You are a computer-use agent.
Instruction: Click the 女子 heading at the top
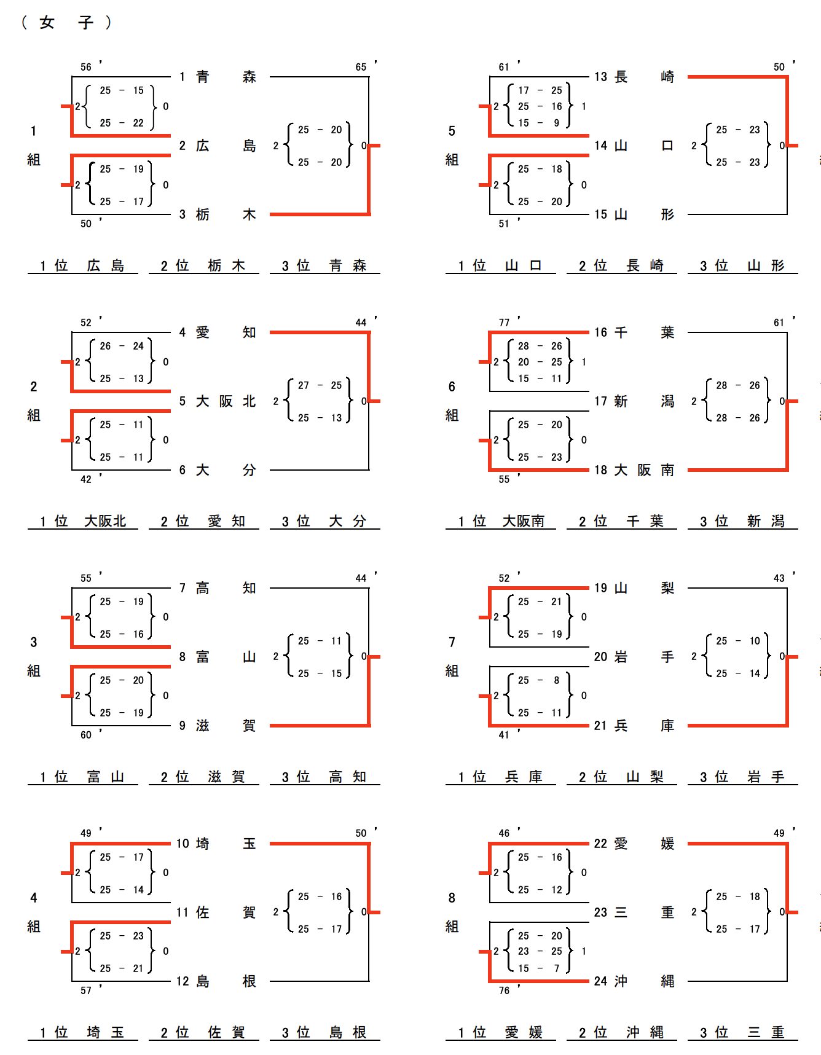pyautogui.click(x=66, y=23)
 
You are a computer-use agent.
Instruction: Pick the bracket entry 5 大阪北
pyautogui.click(x=217, y=401)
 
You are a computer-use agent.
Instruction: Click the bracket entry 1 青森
pyautogui.click(x=217, y=77)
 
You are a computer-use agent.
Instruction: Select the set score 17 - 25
pyautogui.click(x=540, y=90)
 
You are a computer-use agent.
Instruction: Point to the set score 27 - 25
pyautogui.click(x=320, y=385)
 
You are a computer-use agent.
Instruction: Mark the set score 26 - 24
pyautogui.click(x=122, y=346)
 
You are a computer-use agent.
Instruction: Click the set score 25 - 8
pyautogui.click(x=540, y=680)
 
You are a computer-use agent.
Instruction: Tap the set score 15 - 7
pyautogui.click(x=540, y=968)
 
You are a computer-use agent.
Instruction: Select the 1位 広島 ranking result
pyautogui.click(x=82, y=265)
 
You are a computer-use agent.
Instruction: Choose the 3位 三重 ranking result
pyautogui.click(x=743, y=1032)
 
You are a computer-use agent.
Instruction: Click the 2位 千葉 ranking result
pyautogui.click(x=621, y=521)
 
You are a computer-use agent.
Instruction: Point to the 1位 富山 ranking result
pyautogui.click(x=82, y=777)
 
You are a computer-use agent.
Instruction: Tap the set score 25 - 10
pyautogui.click(x=737, y=641)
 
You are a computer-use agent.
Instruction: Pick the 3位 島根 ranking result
pyautogui.click(x=324, y=1032)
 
